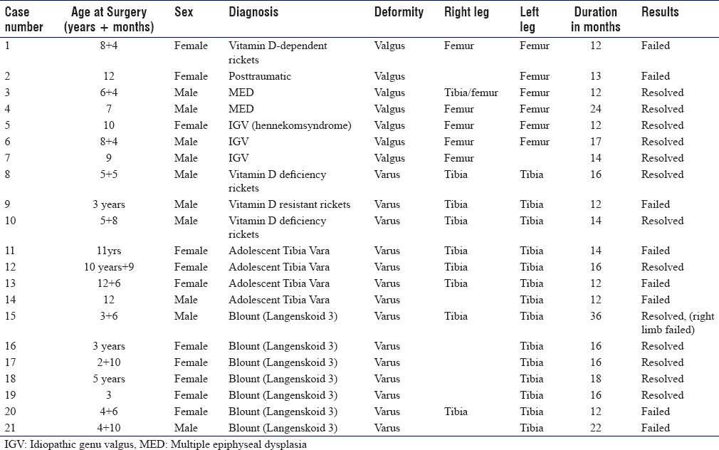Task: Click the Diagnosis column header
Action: point(253,12)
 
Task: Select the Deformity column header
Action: point(399,12)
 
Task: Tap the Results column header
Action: point(660,12)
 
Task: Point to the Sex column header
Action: point(184,12)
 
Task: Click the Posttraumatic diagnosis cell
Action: point(260,76)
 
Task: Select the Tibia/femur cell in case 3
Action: point(471,93)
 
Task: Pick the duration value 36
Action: point(596,316)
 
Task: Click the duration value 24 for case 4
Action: point(596,109)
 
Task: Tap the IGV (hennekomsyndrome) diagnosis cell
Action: point(290,126)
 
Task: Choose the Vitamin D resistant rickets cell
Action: point(289,204)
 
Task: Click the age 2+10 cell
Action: point(109,362)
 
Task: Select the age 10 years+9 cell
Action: point(109,268)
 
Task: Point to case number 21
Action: point(10,428)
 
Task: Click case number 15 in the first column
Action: point(10,316)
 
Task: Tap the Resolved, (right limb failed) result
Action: point(678,323)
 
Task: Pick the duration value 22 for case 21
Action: point(596,428)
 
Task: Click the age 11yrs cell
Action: point(109,251)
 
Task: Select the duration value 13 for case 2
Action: point(596,76)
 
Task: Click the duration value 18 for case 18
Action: point(596,379)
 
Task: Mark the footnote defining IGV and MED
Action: point(155,444)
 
